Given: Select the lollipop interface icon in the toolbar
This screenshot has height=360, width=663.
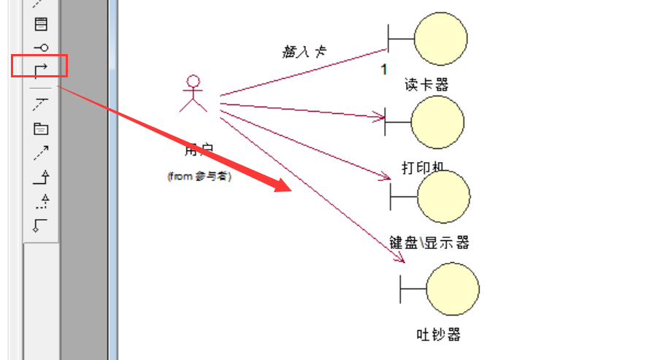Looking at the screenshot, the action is [x=41, y=47].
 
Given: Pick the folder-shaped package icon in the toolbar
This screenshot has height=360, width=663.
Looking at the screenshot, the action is [x=41, y=129].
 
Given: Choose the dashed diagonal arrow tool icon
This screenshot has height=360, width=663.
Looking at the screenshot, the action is [x=41, y=153].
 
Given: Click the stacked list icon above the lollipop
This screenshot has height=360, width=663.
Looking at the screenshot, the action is [x=41, y=24].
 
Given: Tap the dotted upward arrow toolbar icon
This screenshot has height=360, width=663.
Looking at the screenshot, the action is [x=42, y=200].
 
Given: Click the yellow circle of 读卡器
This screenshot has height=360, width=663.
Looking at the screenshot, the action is [x=440, y=38].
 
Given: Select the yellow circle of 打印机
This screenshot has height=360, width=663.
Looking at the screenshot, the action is [x=437, y=122].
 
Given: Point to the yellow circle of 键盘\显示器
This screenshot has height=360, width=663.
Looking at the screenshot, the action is [x=443, y=197].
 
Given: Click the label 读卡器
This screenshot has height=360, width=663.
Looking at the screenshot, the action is [x=426, y=85].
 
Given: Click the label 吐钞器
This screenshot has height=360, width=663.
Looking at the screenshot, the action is [x=439, y=334].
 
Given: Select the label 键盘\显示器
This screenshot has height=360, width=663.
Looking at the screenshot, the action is [x=429, y=242].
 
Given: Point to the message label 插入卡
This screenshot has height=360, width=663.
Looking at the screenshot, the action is [x=304, y=51].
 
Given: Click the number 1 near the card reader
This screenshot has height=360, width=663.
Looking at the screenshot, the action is [x=383, y=69].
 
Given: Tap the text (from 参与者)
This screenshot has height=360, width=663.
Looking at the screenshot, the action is [x=199, y=176].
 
